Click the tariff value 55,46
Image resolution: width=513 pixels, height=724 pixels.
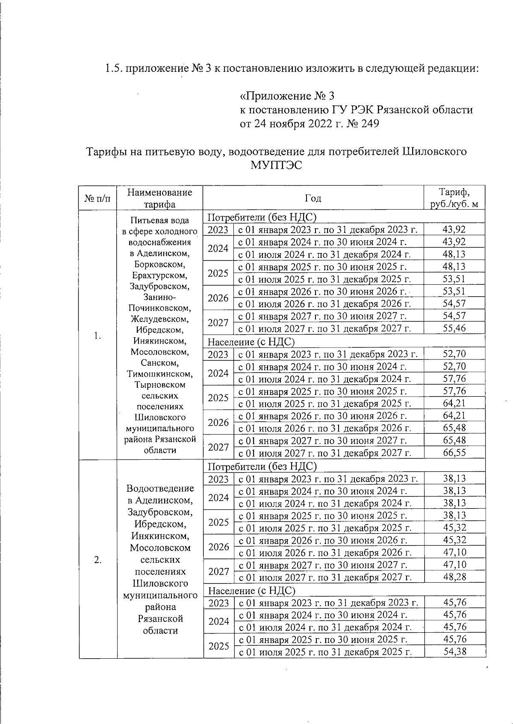coord(454,328)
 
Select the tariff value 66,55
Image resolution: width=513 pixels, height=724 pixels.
coord(454,453)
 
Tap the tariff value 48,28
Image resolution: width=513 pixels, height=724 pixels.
coord(454,577)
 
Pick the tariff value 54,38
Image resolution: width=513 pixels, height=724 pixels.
coord(454,651)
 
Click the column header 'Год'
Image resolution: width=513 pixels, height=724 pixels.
coord(313,199)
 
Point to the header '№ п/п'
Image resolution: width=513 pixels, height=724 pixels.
coord(97,199)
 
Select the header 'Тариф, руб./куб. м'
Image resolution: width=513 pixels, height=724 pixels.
coord(454,199)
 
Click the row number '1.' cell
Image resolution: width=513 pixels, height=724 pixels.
coord(97,336)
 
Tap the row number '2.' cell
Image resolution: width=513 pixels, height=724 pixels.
coord(97,560)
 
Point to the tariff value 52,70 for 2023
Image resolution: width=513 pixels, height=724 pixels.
coord(454,354)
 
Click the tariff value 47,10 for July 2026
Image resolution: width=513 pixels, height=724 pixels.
coord(454,552)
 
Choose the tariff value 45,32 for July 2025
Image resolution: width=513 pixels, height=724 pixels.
coord(454,528)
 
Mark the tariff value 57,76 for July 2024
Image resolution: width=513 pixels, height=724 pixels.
coord(454,379)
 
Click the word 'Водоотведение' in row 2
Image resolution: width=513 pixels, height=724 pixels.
coord(160,488)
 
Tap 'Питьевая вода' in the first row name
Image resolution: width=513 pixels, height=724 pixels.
coord(160,221)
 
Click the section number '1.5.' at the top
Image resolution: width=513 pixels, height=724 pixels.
coord(113,68)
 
